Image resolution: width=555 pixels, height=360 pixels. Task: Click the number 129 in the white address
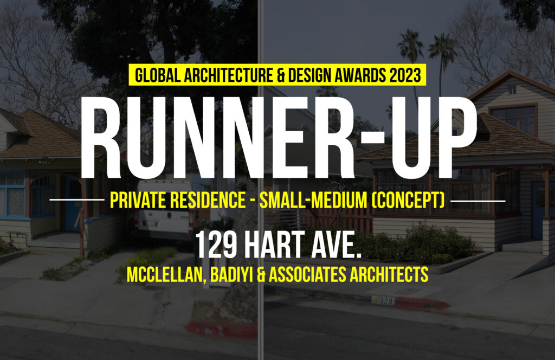point(216,245)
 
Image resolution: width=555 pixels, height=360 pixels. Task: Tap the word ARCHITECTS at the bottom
point(389,274)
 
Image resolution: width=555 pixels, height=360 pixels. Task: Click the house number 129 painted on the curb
point(384,300)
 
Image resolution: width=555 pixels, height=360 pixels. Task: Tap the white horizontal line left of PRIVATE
point(77,200)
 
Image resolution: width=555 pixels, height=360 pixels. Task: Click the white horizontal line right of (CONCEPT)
point(478,201)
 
